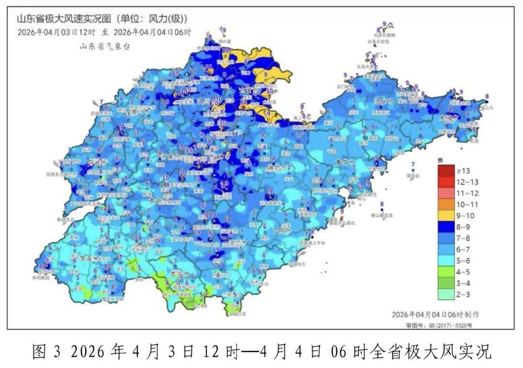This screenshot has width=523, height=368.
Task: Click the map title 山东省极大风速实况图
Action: point(63,19)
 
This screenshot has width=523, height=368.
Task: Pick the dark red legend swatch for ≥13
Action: point(446,171)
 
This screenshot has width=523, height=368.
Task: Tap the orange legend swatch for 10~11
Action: point(446,204)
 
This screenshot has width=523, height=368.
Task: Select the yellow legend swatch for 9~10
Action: point(446,215)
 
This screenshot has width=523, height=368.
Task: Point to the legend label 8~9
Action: point(463,226)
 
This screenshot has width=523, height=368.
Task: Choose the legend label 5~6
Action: point(463,260)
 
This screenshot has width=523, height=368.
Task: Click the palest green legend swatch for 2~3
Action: point(446,293)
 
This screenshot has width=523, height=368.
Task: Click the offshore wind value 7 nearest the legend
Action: point(413,165)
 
